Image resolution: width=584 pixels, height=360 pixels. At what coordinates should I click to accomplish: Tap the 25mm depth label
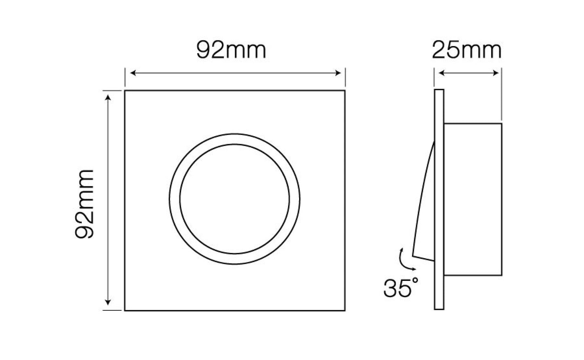pyautogui.click(x=466, y=51)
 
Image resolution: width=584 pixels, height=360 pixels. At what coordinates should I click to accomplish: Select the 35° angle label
pyautogui.click(x=399, y=288)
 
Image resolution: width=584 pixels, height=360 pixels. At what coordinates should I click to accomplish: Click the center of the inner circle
pyautogui.click(x=235, y=199)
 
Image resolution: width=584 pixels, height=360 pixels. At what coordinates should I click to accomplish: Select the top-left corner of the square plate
pyautogui.click(x=125, y=91)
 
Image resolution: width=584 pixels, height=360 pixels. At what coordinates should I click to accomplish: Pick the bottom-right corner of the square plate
pyautogui.click(x=345, y=310)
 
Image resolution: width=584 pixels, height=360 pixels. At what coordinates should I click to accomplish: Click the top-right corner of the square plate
pyautogui.click(x=345, y=91)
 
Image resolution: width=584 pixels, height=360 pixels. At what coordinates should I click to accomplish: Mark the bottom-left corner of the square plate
pyautogui.click(x=125, y=310)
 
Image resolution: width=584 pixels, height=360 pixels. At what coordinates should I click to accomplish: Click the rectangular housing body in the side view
pyautogui.click(x=473, y=200)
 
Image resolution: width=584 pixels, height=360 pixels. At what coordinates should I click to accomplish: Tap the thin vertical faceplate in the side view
pyautogui.click(x=439, y=200)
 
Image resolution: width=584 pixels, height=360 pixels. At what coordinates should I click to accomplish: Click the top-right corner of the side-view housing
pyautogui.click(x=502, y=124)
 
